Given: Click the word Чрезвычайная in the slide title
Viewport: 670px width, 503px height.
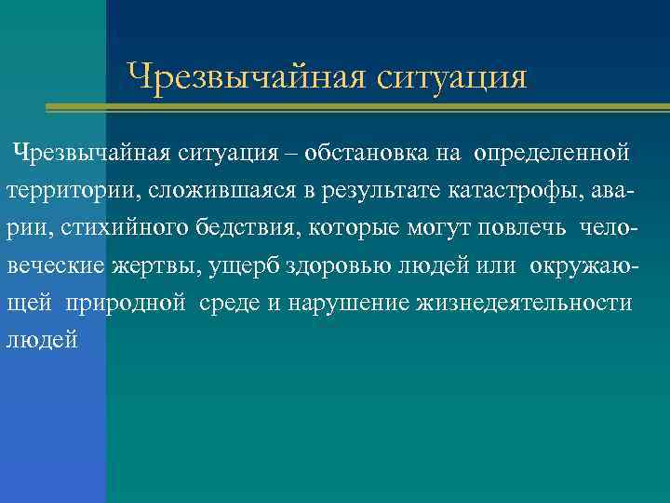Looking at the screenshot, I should point(244,75).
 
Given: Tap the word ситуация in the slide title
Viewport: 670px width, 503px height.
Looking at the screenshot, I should point(452,76).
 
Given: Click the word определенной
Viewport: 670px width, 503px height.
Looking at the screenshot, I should point(552,151).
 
